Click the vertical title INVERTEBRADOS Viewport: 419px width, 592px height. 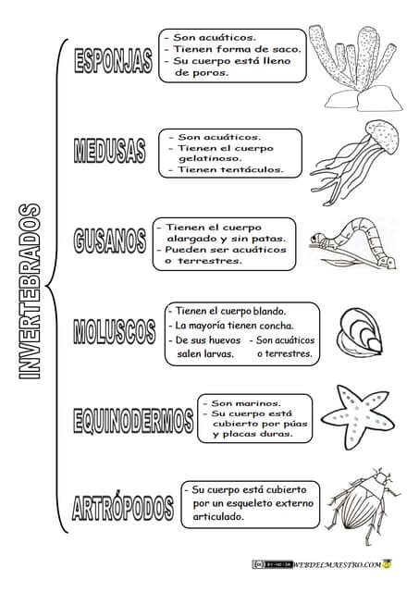[28, 291]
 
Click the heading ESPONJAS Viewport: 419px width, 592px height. [113, 61]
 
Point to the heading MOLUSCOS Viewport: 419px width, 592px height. [114, 330]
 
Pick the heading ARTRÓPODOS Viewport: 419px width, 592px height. [122, 507]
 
